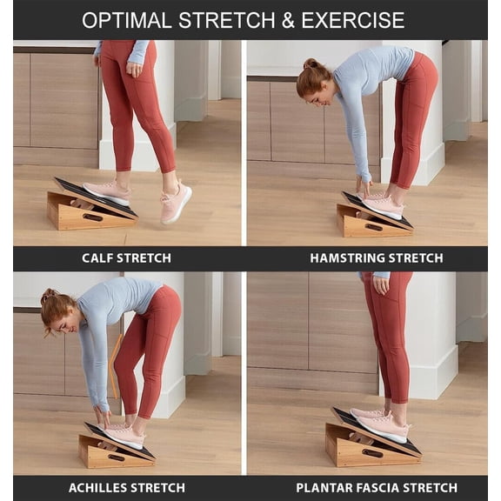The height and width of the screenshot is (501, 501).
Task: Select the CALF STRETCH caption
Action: [x=126, y=257]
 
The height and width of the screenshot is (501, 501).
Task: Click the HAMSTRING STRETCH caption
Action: [x=376, y=257]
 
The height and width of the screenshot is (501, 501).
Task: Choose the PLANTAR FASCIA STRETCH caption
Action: [x=376, y=487]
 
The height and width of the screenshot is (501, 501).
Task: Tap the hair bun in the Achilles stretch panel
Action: [x=47, y=297]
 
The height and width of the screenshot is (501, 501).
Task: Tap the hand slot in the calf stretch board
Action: [x=92, y=217]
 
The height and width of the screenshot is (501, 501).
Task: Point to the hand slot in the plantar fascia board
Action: [x=372, y=452]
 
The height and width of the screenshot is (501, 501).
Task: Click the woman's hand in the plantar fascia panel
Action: [x=380, y=284]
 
